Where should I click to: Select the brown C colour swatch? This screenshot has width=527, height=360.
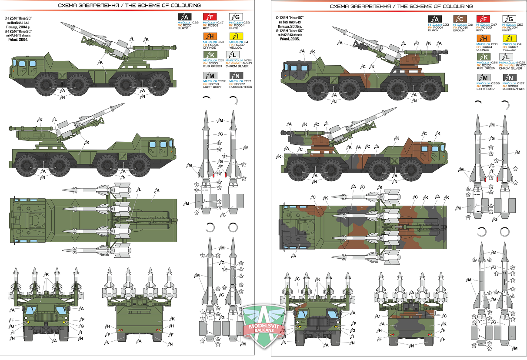coord(460,19)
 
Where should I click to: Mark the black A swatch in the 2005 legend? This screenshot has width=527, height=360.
coord(434,19)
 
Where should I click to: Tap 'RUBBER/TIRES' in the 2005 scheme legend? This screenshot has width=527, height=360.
coord(514,89)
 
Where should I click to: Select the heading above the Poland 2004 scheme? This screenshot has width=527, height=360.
coord(130,6)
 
